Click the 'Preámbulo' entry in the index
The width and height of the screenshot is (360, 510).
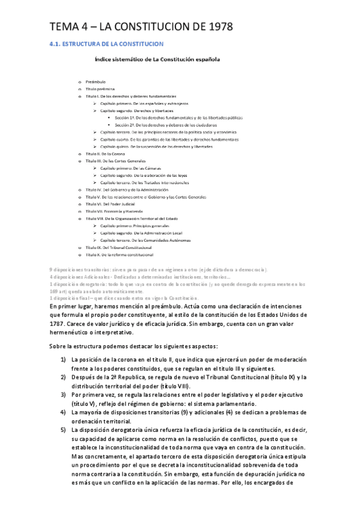(x=96, y=81)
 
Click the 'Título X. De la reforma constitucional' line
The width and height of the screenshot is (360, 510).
(x=123, y=254)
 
